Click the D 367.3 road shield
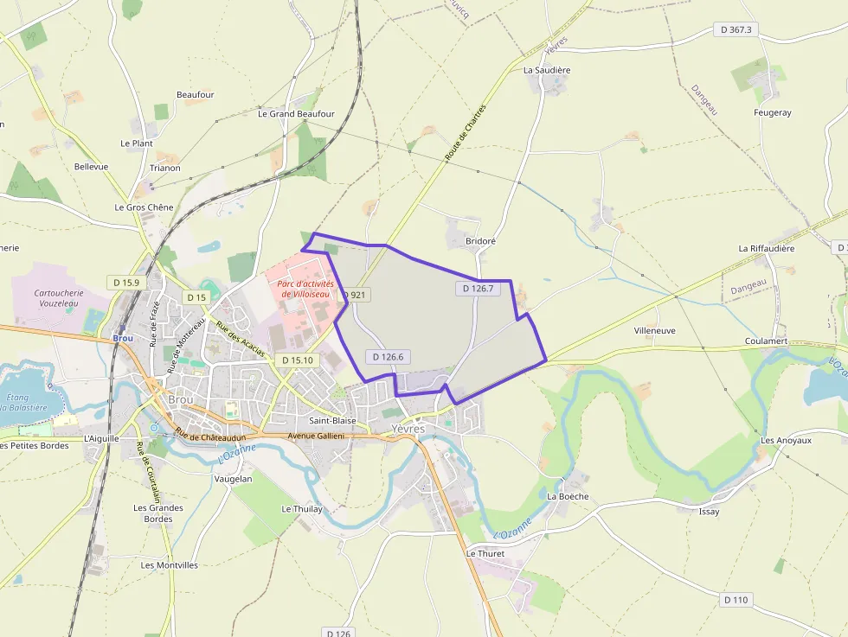click(x=737, y=29)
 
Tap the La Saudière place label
click(x=547, y=69)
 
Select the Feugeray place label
click(x=772, y=112)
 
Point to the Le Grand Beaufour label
click(x=296, y=113)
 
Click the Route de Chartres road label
click(x=466, y=132)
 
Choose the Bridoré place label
click(x=480, y=241)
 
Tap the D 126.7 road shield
click(x=478, y=289)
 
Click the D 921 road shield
click(x=355, y=295)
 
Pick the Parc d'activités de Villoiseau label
click(x=305, y=289)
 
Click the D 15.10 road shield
click(x=298, y=360)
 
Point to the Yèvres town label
click(x=408, y=428)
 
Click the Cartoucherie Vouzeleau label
click(x=59, y=298)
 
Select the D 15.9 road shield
click(x=125, y=283)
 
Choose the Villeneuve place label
click(x=654, y=330)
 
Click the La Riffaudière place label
click(x=766, y=248)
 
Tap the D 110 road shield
click(x=736, y=599)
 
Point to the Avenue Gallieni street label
click(x=316, y=436)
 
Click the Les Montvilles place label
click(x=169, y=565)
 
